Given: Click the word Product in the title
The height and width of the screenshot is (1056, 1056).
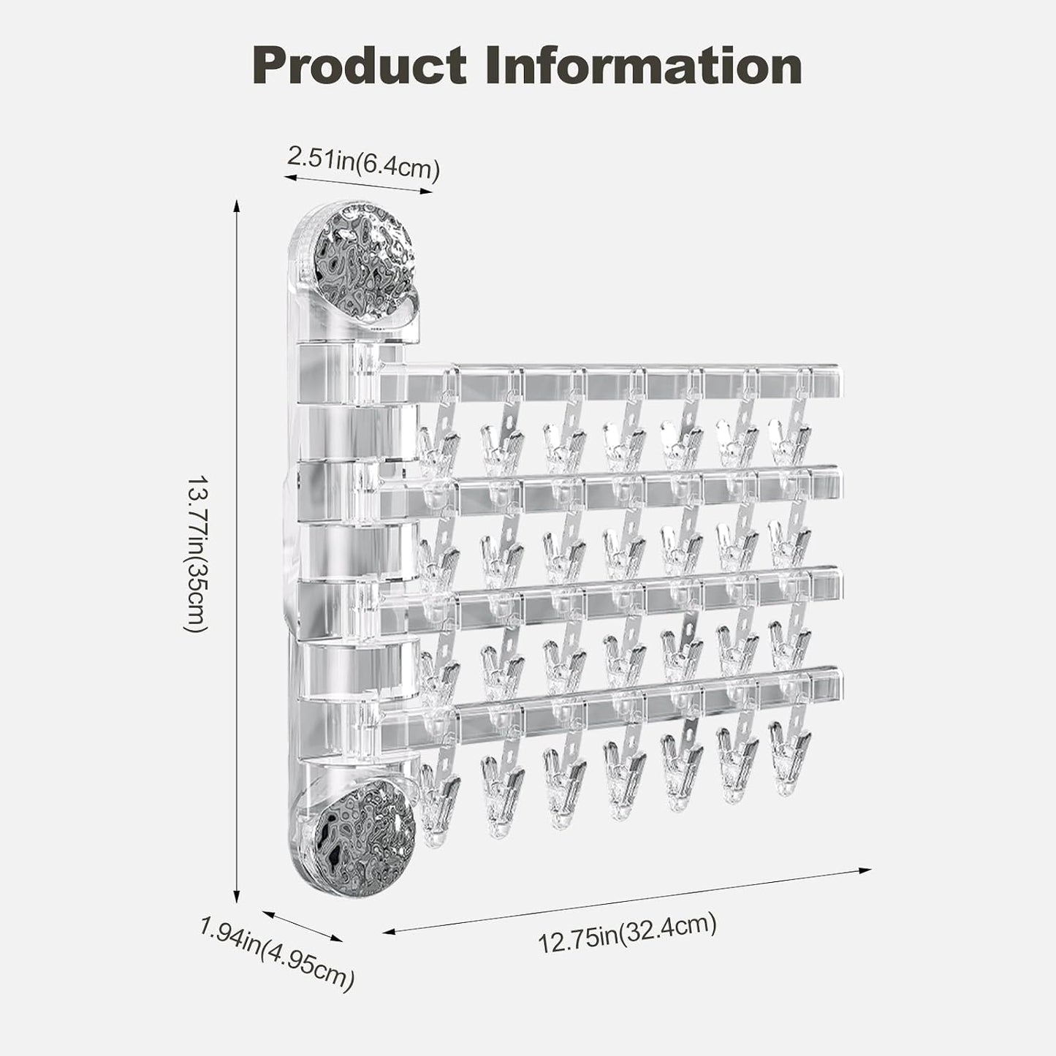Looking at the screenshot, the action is pyautogui.click(x=359, y=65).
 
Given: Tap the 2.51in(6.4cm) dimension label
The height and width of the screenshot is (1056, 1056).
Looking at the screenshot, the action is pyautogui.click(x=363, y=163).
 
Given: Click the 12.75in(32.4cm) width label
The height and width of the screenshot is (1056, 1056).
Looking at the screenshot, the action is pyautogui.click(x=628, y=932).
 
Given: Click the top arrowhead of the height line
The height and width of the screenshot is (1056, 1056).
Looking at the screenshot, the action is pyautogui.click(x=237, y=206).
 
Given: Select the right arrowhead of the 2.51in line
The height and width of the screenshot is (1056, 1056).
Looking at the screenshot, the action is pyautogui.click(x=426, y=191).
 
